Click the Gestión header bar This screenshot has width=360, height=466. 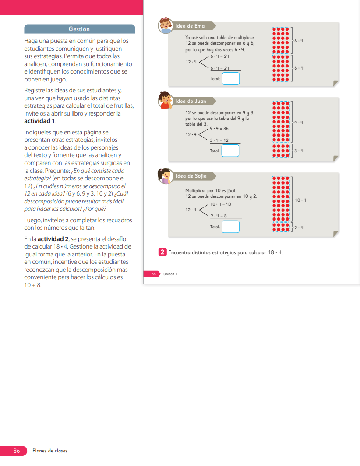[x=79, y=29]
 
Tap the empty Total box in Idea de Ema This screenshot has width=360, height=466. [x=231, y=79]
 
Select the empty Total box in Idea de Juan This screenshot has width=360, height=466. [x=230, y=151]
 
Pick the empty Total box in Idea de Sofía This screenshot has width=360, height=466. [x=230, y=227]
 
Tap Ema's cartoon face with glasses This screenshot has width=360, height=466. [x=165, y=25]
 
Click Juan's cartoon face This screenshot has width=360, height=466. [x=165, y=100]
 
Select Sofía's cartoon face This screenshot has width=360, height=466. [x=165, y=175]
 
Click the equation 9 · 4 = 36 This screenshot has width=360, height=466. [x=219, y=129]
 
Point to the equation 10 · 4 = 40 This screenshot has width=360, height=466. [x=221, y=204]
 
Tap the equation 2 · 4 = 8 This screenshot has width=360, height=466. [x=219, y=216]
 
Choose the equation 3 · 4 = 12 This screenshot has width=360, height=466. [x=219, y=140]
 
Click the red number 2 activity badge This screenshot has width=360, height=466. [x=162, y=252]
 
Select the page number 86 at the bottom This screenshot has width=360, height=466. [x=17, y=450]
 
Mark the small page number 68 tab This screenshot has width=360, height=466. [x=154, y=274]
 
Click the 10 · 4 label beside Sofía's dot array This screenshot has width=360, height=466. [x=300, y=200]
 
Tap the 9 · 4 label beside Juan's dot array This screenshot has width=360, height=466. [x=299, y=123]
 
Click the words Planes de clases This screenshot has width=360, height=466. [x=50, y=451]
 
